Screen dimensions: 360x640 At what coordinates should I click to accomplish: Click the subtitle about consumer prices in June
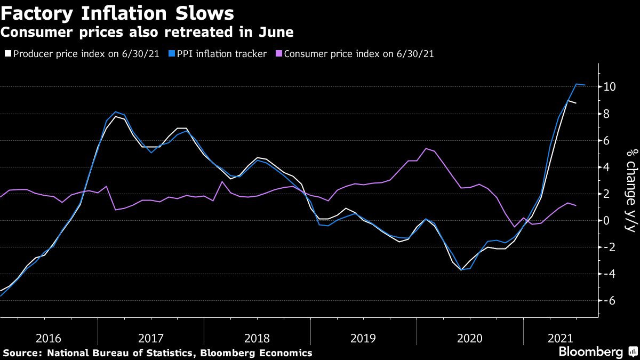tap(147, 32)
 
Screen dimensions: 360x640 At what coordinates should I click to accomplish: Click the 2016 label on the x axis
tap(49, 338)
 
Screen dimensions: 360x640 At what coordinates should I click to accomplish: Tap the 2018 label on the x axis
tap(258, 338)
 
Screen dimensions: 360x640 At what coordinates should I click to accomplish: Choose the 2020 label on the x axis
tap(469, 338)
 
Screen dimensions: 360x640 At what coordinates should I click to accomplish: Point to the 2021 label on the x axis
tap(559, 338)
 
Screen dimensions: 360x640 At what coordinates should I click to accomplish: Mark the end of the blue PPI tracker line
tap(586, 85)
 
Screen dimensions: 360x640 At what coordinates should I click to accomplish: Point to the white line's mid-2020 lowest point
tap(461, 270)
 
